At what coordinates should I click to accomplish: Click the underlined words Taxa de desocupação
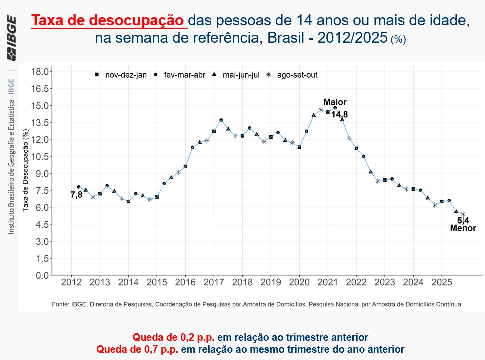[x=109, y=21]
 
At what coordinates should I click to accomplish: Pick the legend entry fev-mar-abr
[x=185, y=75]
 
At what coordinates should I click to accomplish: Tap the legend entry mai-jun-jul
[x=241, y=75]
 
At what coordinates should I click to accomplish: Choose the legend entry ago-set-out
[x=297, y=75]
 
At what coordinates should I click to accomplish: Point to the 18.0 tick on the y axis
[x=40, y=72]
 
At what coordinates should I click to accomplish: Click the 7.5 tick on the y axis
[x=41, y=190]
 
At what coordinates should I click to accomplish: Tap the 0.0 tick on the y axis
[x=41, y=275]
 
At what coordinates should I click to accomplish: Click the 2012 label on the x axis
[x=71, y=282]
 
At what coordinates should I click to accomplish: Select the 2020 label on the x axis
[x=299, y=282]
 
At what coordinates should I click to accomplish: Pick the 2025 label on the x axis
[x=442, y=282]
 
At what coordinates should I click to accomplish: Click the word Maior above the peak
[x=335, y=102]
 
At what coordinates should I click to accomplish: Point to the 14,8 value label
[x=339, y=114]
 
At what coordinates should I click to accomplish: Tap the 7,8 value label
[x=76, y=195]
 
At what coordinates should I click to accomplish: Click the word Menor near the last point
[x=463, y=228]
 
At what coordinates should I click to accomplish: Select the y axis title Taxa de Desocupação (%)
[x=25, y=170]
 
